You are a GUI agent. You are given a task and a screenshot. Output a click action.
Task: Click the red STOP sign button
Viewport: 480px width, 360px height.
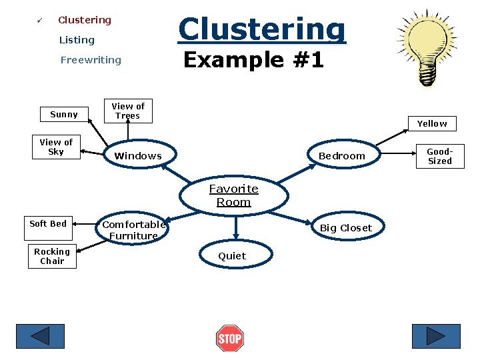(230, 338)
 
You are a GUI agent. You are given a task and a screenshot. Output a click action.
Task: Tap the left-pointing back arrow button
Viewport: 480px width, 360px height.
(41, 336)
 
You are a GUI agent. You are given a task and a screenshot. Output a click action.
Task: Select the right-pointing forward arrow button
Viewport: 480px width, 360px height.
(436, 336)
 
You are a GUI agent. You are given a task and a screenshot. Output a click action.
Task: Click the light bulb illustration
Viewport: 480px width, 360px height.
(427, 47)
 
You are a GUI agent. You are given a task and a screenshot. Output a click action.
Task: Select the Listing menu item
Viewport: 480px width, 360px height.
(77, 40)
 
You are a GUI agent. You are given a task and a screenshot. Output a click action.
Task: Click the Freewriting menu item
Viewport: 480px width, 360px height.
(91, 60)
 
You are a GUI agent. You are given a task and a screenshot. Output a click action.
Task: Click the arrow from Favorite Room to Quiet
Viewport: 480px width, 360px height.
(236, 228)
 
